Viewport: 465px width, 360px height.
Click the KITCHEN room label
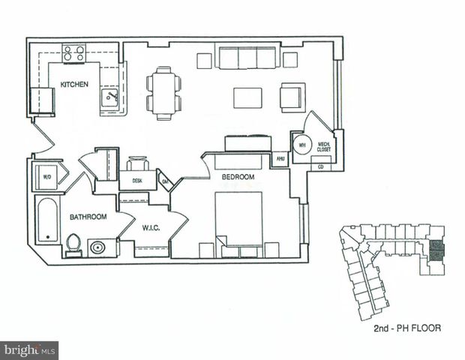pyautogui.click(x=75, y=85)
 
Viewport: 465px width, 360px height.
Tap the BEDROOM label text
pyautogui.click(x=238, y=178)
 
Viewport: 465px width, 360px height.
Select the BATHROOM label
pyautogui.click(x=88, y=217)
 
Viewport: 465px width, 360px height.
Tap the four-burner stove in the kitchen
pyautogui.click(x=73, y=53)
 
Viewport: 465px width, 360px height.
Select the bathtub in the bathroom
pyautogui.click(x=47, y=219)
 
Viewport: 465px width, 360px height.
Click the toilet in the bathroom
pyautogui.click(x=73, y=244)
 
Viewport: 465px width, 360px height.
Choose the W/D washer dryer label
pyautogui.click(x=46, y=178)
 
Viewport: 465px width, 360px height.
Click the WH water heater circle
pyautogui.click(x=302, y=145)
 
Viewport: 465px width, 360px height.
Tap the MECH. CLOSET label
pyautogui.click(x=324, y=147)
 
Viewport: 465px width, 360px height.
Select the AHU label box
pyautogui.click(x=280, y=159)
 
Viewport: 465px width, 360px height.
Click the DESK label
pyautogui.click(x=136, y=181)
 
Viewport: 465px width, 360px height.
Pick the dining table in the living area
pyautogui.click(x=164, y=93)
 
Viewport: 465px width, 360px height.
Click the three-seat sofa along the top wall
pyautogui.click(x=247, y=58)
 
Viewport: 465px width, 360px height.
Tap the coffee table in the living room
pyautogui.click(x=247, y=98)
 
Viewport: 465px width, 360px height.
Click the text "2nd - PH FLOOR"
pyautogui.click(x=406, y=328)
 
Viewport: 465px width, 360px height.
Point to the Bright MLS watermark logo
pyautogui.click(x=29, y=350)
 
